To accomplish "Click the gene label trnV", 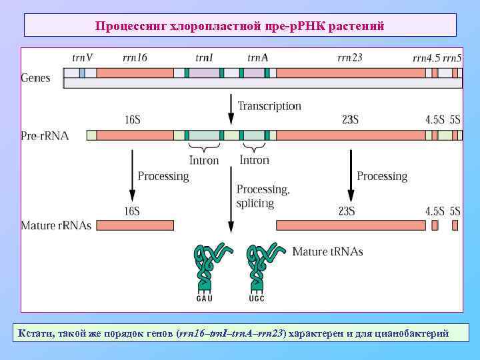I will [x=82, y=58].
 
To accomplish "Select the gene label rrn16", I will [x=135, y=58].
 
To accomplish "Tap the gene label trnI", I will [x=204, y=58].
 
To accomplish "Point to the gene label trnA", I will [x=257, y=58].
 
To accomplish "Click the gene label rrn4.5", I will [x=426, y=59].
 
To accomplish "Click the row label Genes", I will [x=36, y=78].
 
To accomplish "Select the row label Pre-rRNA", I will [x=44, y=136].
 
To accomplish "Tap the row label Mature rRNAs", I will [x=56, y=225].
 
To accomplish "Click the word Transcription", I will [x=269, y=106].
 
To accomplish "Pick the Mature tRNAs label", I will [x=328, y=252].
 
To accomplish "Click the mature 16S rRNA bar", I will [x=135, y=225].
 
